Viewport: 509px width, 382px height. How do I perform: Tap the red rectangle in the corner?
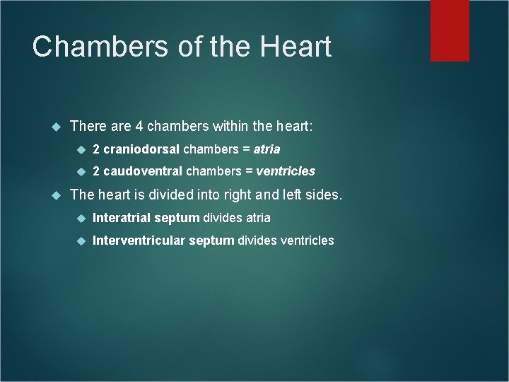pos(460,30)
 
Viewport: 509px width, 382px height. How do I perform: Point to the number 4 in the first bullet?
pos(140,126)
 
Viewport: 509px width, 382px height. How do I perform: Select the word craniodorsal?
pos(142,149)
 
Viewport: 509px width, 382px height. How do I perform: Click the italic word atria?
pos(268,149)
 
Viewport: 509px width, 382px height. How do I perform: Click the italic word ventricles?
pos(286,171)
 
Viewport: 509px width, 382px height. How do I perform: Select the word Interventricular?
pos(138,241)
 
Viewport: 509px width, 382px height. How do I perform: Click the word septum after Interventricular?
pos(211,241)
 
